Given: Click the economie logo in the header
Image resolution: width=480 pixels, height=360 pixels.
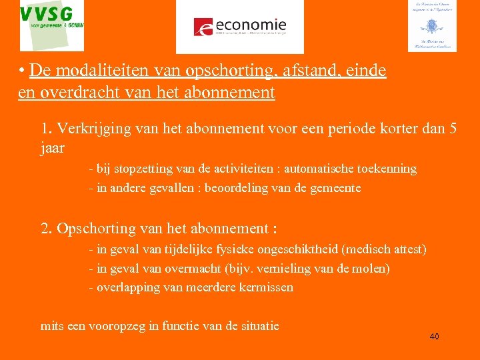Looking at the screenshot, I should click(239, 26).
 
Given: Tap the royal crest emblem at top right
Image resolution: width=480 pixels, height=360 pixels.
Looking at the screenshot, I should click(432, 26).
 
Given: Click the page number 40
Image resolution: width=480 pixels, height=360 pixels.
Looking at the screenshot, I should click(434, 337).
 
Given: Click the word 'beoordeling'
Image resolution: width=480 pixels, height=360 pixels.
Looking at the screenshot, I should click(242, 188).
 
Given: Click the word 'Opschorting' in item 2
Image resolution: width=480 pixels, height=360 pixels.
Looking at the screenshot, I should click(96, 229).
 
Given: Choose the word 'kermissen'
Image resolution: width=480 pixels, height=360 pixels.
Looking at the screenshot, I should click(267, 288).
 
